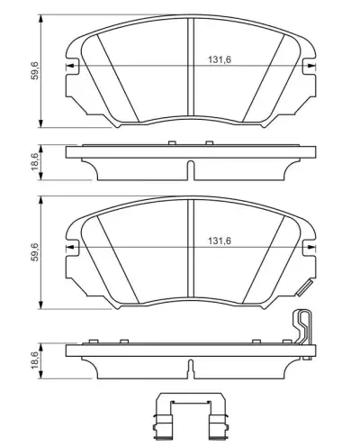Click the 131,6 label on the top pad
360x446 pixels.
(x=220, y=59)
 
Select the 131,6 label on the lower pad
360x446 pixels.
(x=220, y=241)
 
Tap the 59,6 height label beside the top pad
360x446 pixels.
(x=35, y=70)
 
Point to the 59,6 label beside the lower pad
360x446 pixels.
(x=35, y=251)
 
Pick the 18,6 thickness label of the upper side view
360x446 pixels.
(x=35, y=162)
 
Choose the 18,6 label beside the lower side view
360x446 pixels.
(x=35, y=360)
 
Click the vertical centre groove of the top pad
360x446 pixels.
(x=191, y=67)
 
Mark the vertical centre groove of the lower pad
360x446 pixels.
(x=191, y=248)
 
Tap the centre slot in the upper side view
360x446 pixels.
(x=191, y=170)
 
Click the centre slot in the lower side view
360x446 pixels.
(x=191, y=369)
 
